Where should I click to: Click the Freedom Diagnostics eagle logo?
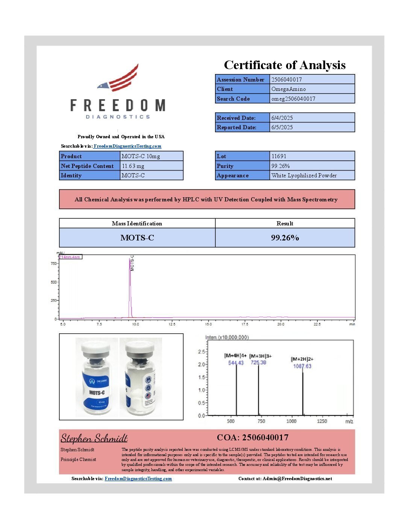118,79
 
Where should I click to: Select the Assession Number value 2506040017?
286,80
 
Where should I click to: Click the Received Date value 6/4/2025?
282,118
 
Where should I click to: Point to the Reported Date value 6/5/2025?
282,127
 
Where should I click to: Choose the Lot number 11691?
279,156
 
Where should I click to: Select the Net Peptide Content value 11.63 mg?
133,166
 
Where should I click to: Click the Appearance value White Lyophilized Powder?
304,175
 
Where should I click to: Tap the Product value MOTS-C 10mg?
141,156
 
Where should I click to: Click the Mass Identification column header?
137,224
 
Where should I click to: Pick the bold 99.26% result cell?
285,238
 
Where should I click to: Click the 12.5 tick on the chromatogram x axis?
172,324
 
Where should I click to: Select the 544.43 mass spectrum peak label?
236,363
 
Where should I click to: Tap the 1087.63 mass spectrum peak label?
302,366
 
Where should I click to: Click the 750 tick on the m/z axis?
261,421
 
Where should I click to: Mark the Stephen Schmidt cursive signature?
94,438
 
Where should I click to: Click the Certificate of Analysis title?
285,65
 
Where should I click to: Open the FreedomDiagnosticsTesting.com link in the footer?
138,479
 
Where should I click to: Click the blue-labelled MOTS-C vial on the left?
96,378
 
